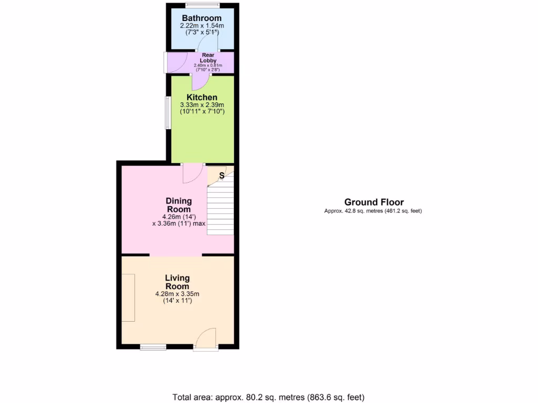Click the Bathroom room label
tap(202, 18)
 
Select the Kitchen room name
tap(202, 97)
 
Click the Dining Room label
tap(179, 205)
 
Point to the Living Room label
tap(177, 282)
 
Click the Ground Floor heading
tap(374, 202)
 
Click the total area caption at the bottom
tap(268, 397)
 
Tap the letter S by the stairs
tap(221, 175)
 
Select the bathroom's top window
tap(202, 5)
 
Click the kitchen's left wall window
tap(168, 112)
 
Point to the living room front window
tap(153, 346)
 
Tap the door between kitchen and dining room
tap(192, 173)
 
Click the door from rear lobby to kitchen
tap(200, 81)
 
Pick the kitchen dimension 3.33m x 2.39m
tap(202, 105)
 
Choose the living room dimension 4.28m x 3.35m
tap(177, 294)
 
